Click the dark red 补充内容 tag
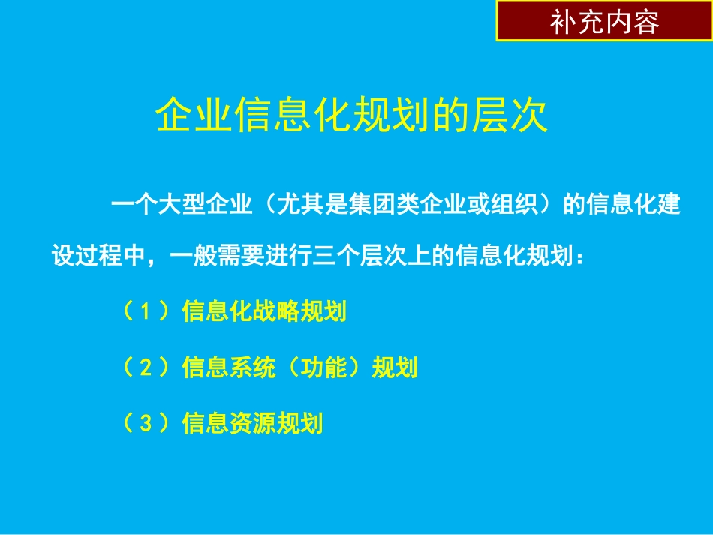(604, 21)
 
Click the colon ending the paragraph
(576, 257)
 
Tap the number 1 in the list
(147, 312)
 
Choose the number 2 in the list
(147, 368)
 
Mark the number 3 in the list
(147, 424)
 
